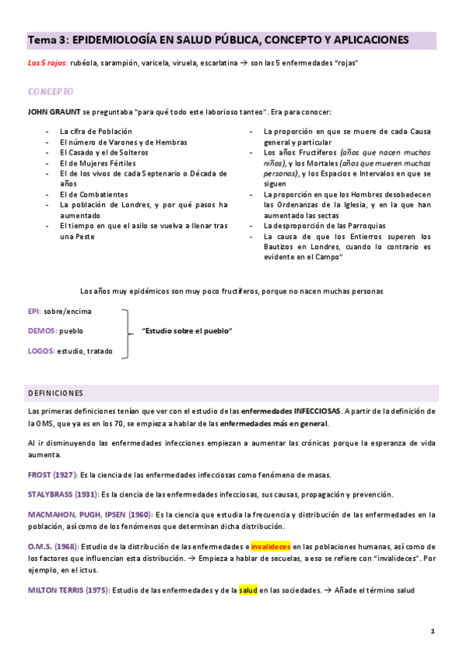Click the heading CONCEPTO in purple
click(x=50, y=91)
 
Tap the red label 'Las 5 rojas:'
click(x=48, y=63)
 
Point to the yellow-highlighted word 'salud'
click(x=247, y=590)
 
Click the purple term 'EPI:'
click(x=34, y=311)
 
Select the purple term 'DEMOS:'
click(x=41, y=330)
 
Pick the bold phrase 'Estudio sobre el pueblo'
click(x=188, y=331)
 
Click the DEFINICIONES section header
click(x=55, y=393)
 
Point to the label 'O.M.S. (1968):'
click(x=50, y=545)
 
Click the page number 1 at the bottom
click(x=433, y=631)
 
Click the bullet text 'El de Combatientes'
click(x=93, y=194)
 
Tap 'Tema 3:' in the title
click(x=43, y=39)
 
